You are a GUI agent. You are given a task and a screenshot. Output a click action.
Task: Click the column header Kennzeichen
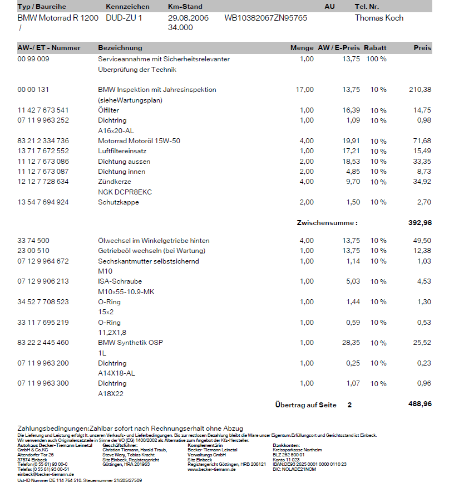pyautogui.click(x=127, y=7)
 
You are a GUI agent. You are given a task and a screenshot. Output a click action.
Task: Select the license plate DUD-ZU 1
pyautogui.click(x=124, y=18)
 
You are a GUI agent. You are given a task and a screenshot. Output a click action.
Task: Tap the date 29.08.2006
pyautogui.click(x=188, y=18)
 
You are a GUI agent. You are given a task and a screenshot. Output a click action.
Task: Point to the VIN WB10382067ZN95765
pyautogui.click(x=265, y=18)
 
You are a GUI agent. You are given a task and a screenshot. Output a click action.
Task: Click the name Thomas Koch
pyautogui.click(x=379, y=18)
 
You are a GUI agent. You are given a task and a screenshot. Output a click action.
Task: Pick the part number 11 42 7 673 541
pyautogui.click(x=43, y=110)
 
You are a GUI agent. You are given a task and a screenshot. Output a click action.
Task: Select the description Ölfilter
pyautogui.click(x=108, y=110)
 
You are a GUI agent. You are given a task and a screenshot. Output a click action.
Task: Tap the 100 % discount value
pyautogui.click(x=376, y=59)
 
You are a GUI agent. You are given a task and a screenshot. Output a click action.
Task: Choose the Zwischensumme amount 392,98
pyautogui.click(x=419, y=223)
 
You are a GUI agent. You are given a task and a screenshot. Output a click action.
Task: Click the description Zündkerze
pyautogui.click(x=115, y=182)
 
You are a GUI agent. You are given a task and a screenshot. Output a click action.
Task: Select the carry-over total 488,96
pyautogui.click(x=419, y=404)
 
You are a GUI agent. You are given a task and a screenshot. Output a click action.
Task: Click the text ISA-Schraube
pyautogui.click(x=120, y=281)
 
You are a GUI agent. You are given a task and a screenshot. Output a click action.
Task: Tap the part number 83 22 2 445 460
pyautogui.click(x=43, y=343)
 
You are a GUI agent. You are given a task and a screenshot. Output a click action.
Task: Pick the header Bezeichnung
pyautogui.click(x=120, y=48)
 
